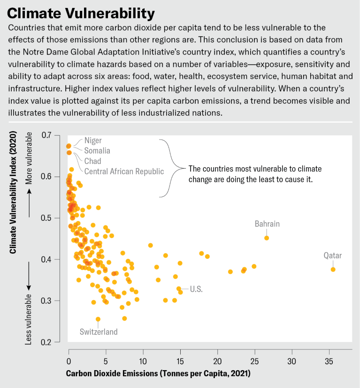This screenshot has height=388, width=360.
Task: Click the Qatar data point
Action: coord(333,269)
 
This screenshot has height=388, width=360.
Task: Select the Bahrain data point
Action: coord(267,238)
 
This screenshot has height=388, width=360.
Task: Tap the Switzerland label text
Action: coord(99,332)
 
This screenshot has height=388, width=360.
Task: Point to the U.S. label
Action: coord(196,289)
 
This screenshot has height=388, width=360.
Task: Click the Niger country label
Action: coord(93,140)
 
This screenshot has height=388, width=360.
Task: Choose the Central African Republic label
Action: coord(124,171)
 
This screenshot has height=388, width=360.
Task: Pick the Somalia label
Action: coord(97,151)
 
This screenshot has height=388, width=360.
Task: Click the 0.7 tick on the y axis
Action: coord(46,136)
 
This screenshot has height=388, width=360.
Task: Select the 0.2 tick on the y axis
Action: coord(46,342)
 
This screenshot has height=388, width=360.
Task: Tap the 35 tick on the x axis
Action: coord(329,363)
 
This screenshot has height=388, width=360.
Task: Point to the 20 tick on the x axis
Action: coord(218,363)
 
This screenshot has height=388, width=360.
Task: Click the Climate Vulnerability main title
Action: coord(81,12)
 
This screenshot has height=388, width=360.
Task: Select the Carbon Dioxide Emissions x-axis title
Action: coord(159,374)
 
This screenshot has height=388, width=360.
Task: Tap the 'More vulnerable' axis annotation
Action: coord(29,158)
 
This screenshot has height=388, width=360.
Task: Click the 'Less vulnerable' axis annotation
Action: coord(29,319)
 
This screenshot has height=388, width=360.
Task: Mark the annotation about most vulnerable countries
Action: coord(250,174)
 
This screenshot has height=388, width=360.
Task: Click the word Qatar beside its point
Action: coord(333,256)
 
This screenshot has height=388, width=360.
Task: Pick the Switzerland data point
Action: coord(98,319)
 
